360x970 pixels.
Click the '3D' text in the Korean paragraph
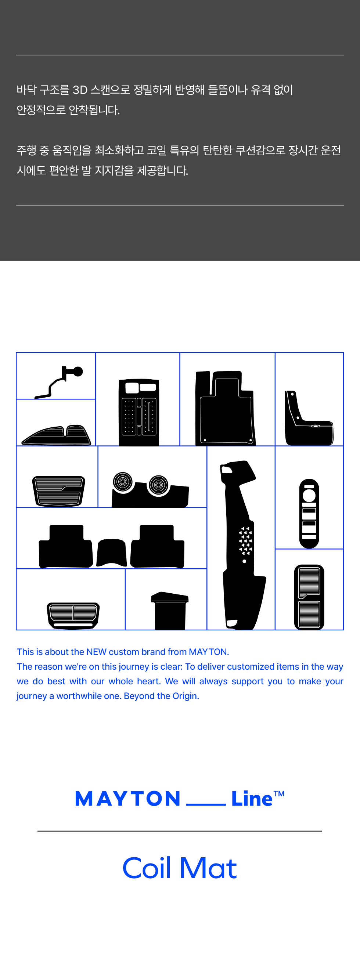(x=80, y=90)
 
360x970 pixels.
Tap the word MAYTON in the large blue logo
(x=128, y=799)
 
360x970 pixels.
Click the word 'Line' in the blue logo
(x=252, y=798)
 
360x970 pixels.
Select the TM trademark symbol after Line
(x=279, y=794)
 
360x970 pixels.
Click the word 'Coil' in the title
(x=147, y=868)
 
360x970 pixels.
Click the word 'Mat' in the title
(x=208, y=868)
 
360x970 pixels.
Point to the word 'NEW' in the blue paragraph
(x=96, y=652)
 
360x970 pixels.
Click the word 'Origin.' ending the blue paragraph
(x=186, y=696)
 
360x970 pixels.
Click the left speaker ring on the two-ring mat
(x=123, y=482)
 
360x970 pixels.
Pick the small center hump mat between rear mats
(x=111, y=552)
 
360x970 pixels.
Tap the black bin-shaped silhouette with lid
(x=170, y=611)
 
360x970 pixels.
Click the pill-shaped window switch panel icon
(x=309, y=513)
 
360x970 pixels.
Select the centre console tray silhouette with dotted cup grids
(x=138, y=412)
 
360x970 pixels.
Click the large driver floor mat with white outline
(x=225, y=408)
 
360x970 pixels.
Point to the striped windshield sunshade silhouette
(x=57, y=435)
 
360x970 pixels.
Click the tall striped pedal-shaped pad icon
(x=309, y=597)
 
